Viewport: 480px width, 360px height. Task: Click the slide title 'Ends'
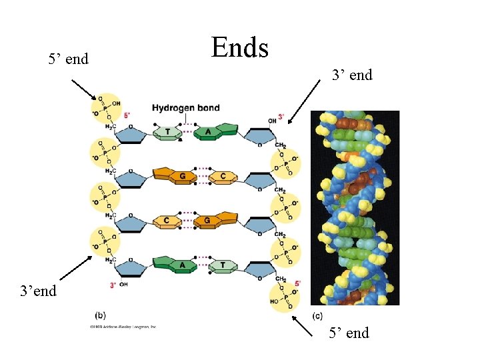[x=239, y=48]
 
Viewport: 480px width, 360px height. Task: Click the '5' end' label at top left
[x=69, y=59]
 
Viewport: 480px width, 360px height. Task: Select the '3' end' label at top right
[x=352, y=75]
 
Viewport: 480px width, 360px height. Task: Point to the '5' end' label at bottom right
[x=349, y=333]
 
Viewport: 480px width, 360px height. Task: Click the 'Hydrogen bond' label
[x=185, y=108]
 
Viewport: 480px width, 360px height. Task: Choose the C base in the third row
[x=167, y=221]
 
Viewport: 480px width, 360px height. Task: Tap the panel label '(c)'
[x=317, y=315]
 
